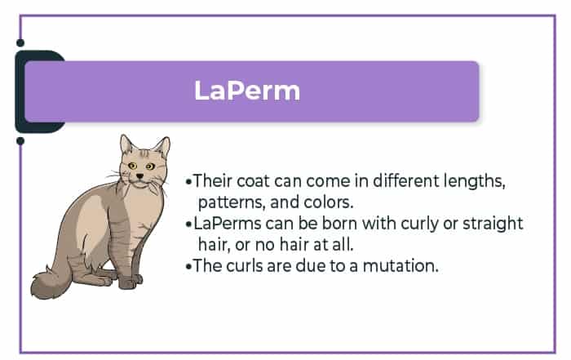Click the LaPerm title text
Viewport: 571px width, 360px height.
247,91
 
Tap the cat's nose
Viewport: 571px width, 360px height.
139,176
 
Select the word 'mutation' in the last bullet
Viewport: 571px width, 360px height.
400,265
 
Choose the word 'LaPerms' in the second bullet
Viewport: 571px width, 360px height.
228,224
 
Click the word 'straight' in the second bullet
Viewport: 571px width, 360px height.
493,224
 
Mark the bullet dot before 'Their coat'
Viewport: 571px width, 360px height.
188,181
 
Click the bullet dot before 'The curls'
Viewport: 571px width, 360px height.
188,266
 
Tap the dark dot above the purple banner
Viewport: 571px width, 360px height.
20,43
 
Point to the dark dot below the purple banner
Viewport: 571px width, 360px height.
20,140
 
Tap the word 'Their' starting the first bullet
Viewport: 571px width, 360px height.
213,180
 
